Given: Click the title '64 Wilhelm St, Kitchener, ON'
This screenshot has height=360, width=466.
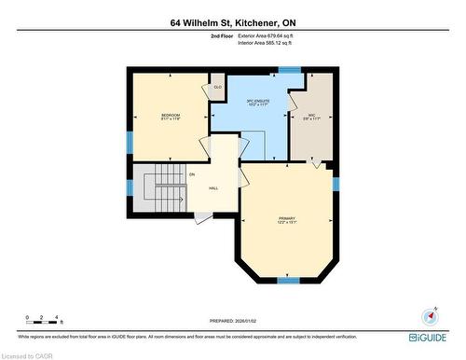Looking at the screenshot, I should pyautogui.click(x=232, y=21).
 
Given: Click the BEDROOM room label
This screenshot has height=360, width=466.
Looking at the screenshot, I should pyautogui.click(x=168, y=116).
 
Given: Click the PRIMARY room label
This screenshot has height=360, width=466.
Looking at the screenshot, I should pyautogui.click(x=287, y=219).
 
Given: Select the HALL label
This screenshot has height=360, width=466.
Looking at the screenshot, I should pyautogui.click(x=213, y=188).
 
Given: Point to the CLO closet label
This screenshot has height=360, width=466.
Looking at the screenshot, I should pyautogui.click(x=218, y=87).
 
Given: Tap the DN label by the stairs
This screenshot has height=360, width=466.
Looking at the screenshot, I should pyautogui.click(x=192, y=174).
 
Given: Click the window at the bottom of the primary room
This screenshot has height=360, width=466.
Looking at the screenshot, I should pyautogui.click(x=288, y=280).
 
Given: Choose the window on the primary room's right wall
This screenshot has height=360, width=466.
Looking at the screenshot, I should pyautogui.click(x=336, y=182).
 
